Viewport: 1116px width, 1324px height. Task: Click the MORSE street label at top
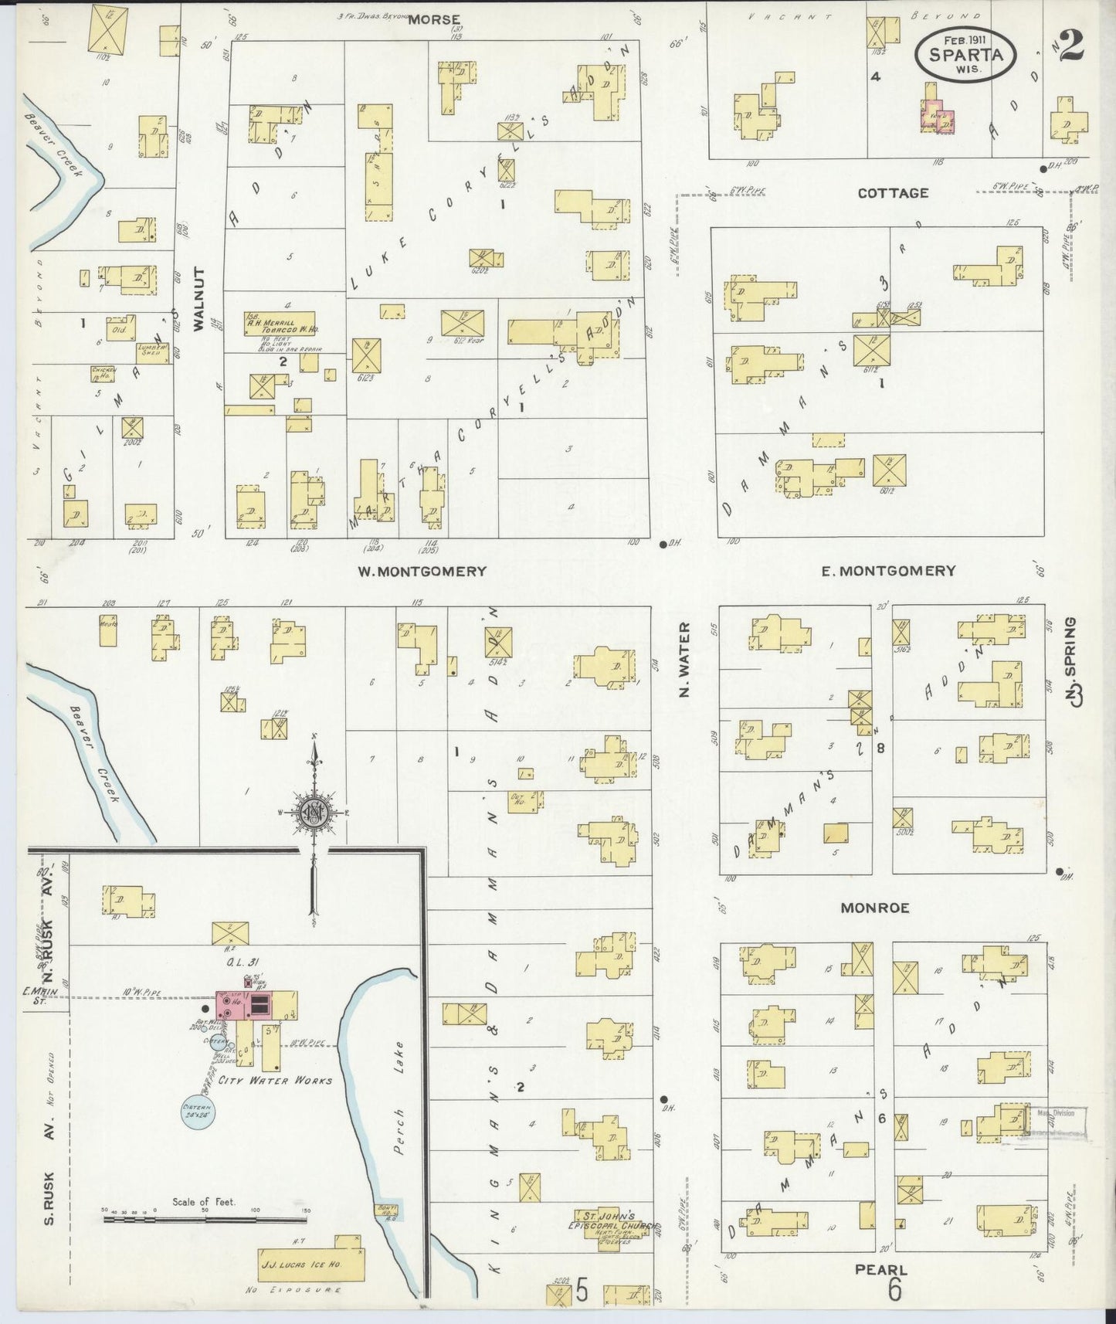[x=434, y=19]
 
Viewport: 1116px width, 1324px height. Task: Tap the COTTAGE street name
[x=893, y=193]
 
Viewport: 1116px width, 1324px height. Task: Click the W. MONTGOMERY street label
[x=422, y=571]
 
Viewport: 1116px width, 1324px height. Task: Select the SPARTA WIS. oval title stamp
[x=965, y=54]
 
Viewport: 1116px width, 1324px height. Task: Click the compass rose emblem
[x=314, y=813]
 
